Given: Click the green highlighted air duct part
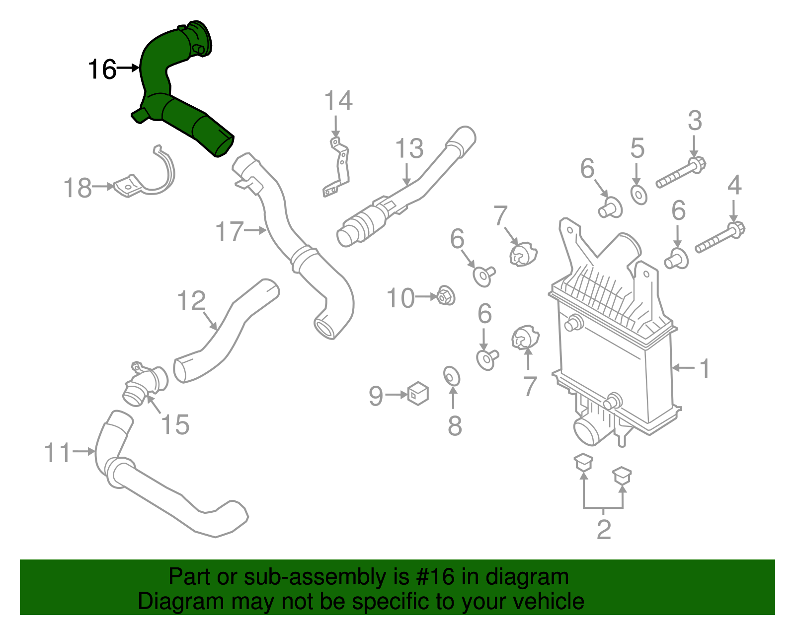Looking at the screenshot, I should click(169, 89).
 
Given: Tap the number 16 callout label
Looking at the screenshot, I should click(102, 69).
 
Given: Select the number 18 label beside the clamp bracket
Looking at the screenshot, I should click(78, 188).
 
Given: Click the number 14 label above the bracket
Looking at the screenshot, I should click(338, 101).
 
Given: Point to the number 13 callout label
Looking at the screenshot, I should click(409, 148).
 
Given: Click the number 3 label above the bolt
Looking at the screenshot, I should click(695, 121).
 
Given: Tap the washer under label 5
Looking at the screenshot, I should click(638, 195).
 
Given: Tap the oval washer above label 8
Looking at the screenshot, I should click(452, 376).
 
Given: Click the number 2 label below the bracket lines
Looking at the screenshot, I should click(603, 529).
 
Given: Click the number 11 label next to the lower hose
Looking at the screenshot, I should click(58, 453).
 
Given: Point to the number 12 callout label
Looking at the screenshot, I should click(191, 301).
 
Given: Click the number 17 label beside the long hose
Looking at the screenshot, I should click(230, 232).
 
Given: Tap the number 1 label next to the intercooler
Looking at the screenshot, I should click(705, 369).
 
